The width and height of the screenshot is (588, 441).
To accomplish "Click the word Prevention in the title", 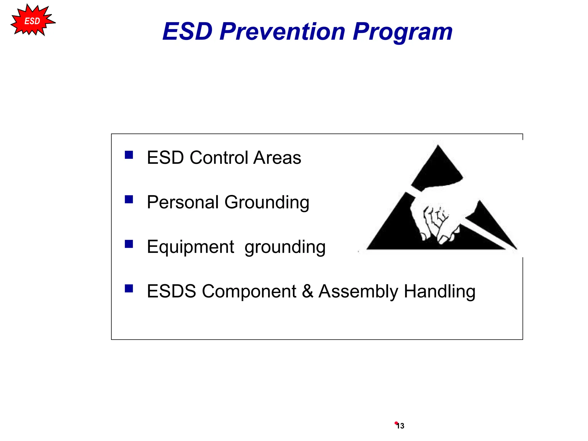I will [283, 31].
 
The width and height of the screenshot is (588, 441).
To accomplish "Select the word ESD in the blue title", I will [187, 31].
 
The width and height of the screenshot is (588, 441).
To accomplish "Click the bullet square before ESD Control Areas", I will [129, 155].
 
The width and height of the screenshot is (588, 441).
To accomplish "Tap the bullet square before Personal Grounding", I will [129, 199].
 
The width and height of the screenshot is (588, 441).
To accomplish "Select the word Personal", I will [183, 202].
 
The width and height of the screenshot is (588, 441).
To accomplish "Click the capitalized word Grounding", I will [267, 203].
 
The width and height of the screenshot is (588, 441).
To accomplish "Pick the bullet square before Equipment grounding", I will [129, 244].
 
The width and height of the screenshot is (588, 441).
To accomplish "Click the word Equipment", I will [190, 247].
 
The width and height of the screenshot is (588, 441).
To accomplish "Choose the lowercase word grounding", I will [285, 247].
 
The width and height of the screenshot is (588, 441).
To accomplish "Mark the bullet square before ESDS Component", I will [129, 288].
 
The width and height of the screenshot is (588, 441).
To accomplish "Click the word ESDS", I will [171, 291].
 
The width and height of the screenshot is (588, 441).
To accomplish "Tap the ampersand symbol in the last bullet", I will [307, 291].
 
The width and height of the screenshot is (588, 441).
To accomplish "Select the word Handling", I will [440, 292].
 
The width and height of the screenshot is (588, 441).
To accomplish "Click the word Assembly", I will [358, 292].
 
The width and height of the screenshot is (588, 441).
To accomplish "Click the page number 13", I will [400, 426].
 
